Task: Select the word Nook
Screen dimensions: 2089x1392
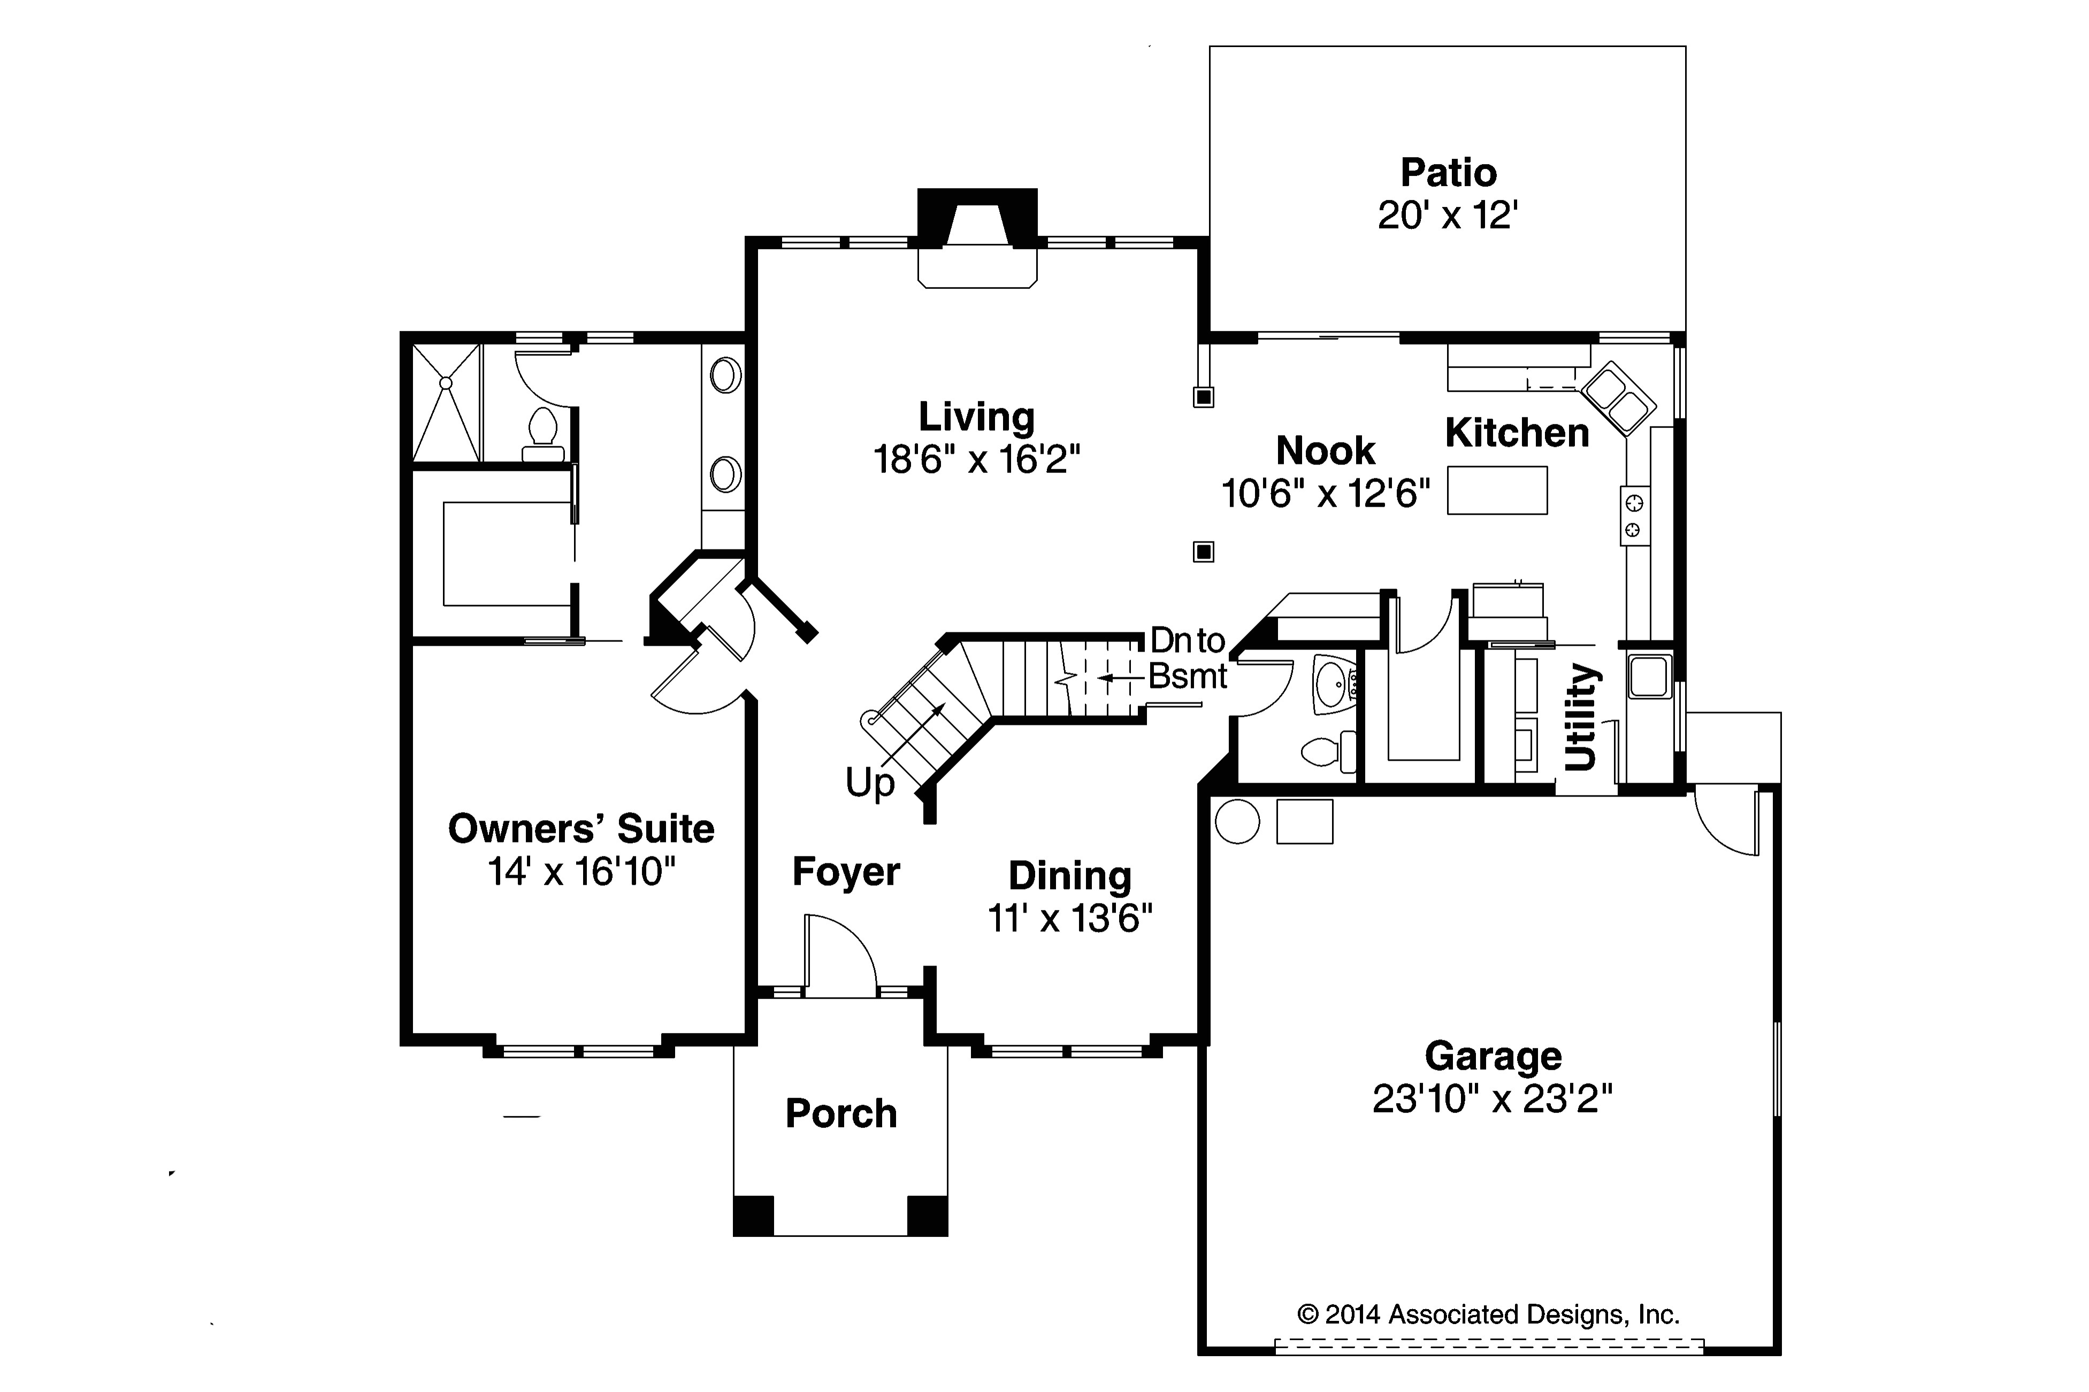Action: [1326, 451]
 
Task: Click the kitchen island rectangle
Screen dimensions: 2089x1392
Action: [1497, 490]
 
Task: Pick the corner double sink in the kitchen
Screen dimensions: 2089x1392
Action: [1618, 397]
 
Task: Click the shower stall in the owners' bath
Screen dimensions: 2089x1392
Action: [446, 402]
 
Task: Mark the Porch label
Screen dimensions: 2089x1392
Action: [841, 1113]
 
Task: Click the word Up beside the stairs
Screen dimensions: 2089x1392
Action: [870, 784]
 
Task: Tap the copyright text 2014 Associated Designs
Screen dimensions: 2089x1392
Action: [1489, 1314]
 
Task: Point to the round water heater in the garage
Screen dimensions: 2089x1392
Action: [1237, 821]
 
